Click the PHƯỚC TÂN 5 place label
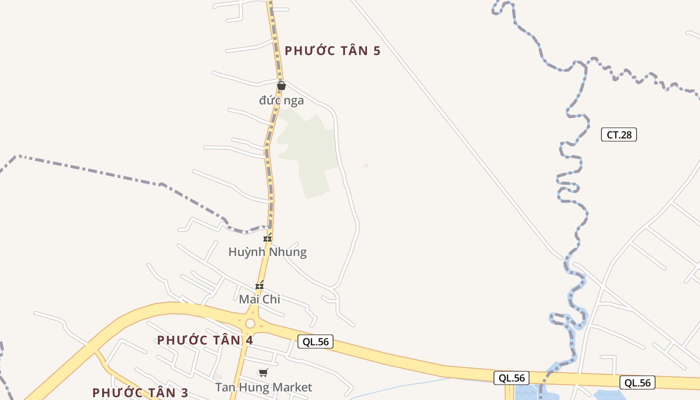(332, 50)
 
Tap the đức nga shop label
(281, 100)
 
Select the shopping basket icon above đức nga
(281, 85)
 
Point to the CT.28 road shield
(619, 134)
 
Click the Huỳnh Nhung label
(267, 252)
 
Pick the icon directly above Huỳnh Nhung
(268, 238)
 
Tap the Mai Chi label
(259, 299)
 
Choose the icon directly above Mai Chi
(259, 286)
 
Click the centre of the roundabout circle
(250, 324)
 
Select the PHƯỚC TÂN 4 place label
(205, 340)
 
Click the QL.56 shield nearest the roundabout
(315, 341)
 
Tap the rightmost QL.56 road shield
(637, 382)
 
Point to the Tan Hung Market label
(263, 387)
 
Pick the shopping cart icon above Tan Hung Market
(263, 372)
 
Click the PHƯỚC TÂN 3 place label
(140, 393)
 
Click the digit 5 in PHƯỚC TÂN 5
(376, 50)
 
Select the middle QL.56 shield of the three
(511, 378)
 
